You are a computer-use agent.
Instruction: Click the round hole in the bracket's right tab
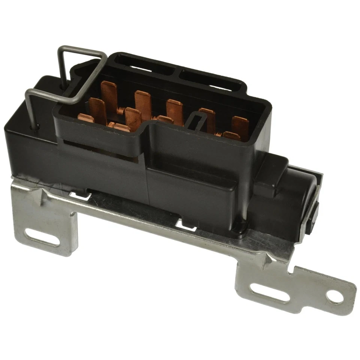(335, 296)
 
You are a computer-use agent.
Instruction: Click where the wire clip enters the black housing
(37, 127)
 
